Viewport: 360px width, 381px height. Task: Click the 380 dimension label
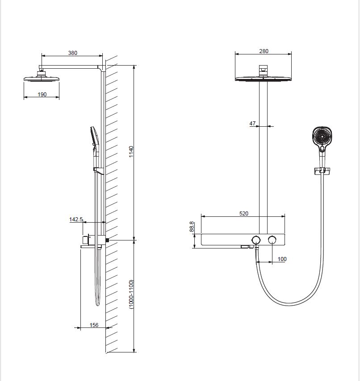point(72,53)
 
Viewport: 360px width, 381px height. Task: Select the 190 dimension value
point(42,94)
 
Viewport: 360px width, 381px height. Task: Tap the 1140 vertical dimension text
point(131,152)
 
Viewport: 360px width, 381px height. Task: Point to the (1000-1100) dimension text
point(131,294)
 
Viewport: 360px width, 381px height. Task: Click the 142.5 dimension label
point(76,219)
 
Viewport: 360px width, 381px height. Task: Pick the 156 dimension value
point(94,325)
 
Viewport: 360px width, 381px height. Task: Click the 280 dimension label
point(264,51)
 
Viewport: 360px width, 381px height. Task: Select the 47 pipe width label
point(252,124)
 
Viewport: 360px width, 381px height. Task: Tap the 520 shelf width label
point(244,213)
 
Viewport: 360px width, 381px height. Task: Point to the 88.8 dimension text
point(192,227)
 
